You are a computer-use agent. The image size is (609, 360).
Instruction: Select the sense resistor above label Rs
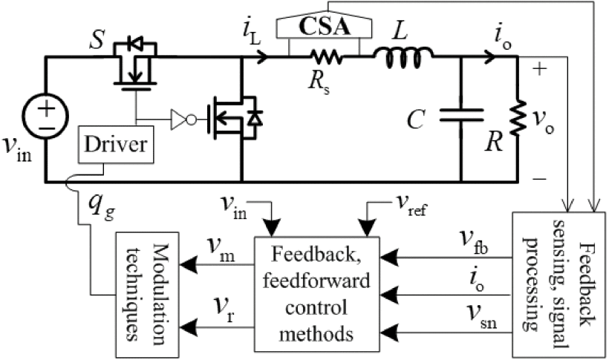point(325,56)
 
